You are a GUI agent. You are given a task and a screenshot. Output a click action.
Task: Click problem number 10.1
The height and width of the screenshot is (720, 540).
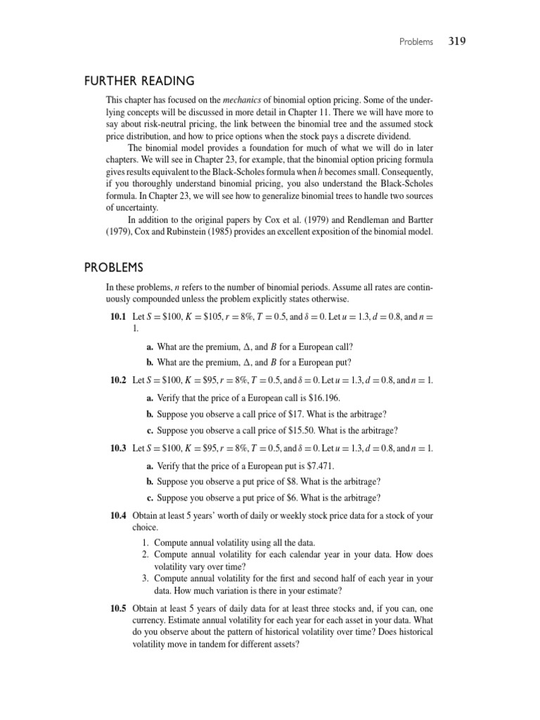118,318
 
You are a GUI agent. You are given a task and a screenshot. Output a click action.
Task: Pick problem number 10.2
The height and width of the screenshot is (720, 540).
118,380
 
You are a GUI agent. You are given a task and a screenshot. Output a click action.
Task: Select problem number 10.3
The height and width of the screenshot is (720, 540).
118,448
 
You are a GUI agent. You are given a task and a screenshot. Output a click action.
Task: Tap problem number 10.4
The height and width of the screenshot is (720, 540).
118,516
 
